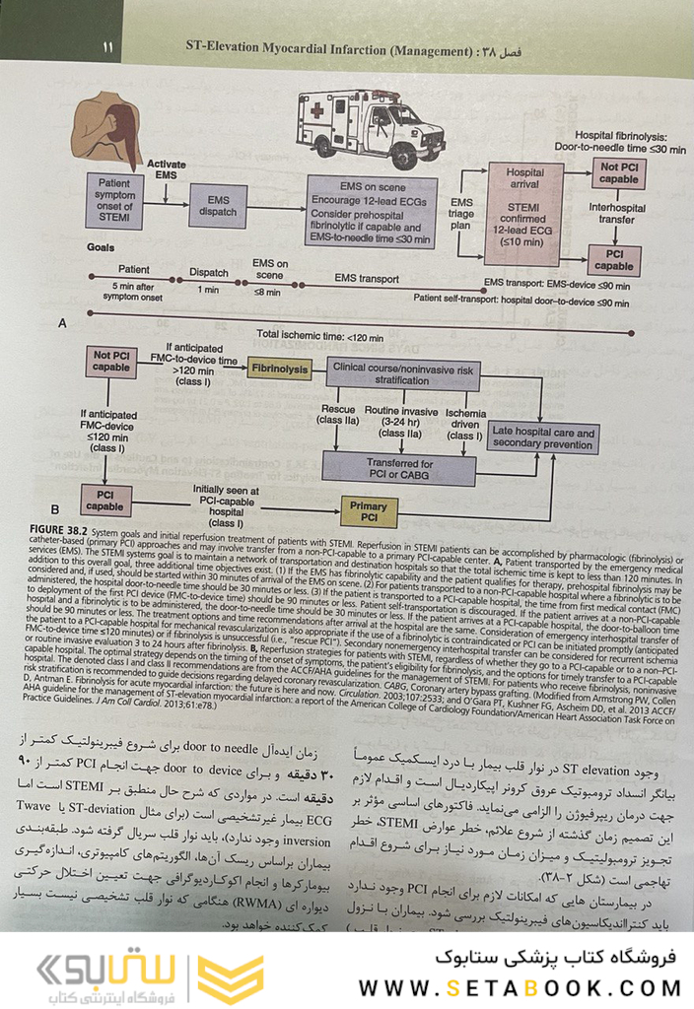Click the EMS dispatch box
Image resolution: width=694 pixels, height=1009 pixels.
coord(219,207)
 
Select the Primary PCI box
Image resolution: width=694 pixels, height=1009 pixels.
coord(370,510)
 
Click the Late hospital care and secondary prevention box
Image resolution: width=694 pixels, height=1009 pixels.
coord(543,437)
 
